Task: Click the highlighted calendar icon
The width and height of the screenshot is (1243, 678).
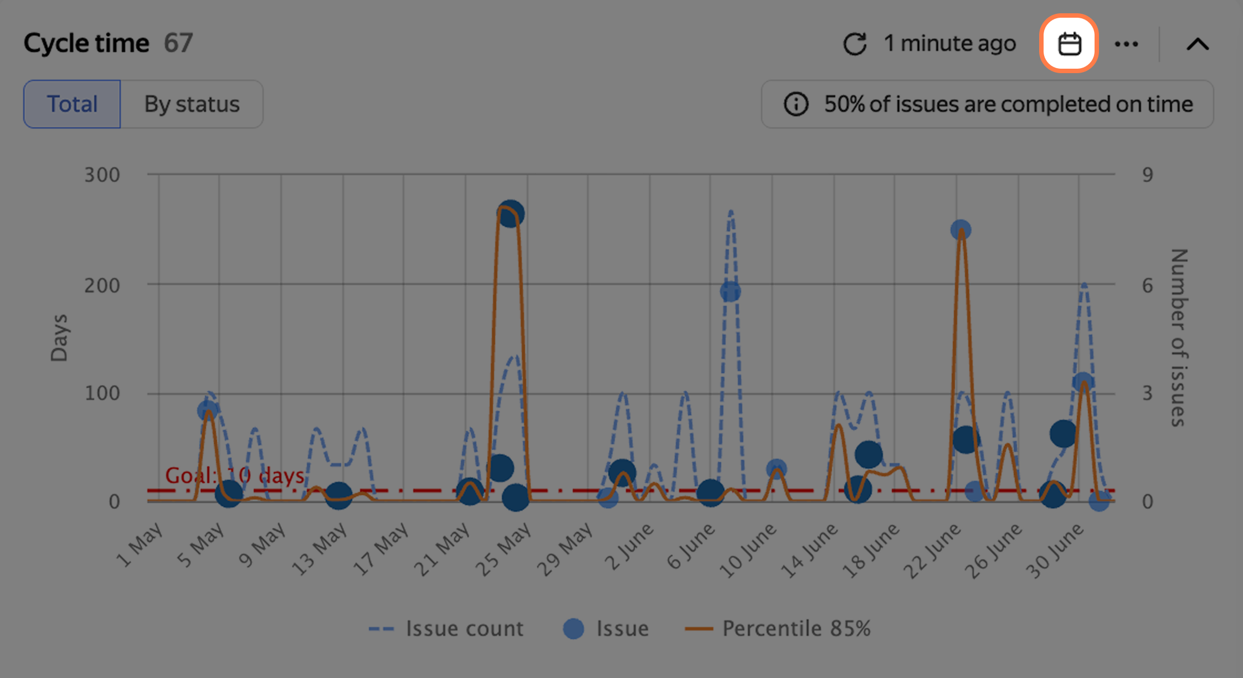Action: (x=1069, y=44)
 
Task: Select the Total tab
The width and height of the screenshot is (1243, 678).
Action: (x=72, y=104)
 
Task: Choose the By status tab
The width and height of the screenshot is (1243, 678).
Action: (x=192, y=104)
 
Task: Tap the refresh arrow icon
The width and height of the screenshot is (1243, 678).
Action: (x=855, y=44)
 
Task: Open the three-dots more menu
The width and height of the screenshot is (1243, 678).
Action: (x=1126, y=44)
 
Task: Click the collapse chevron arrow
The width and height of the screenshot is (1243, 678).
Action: (x=1198, y=44)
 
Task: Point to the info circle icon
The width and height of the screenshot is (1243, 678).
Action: (x=796, y=104)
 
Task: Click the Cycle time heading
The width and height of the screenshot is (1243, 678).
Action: (x=86, y=43)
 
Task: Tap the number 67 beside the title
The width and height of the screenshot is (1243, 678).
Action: (x=178, y=43)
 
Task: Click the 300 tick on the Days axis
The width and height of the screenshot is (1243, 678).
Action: (x=102, y=175)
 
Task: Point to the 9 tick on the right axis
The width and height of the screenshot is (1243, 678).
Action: (x=1147, y=175)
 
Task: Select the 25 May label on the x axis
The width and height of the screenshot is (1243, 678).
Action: (x=503, y=549)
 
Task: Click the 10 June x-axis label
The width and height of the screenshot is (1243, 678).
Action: (x=748, y=551)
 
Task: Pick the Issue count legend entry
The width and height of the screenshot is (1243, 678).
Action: (x=446, y=629)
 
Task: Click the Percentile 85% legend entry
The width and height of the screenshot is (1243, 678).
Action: (x=778, y=629)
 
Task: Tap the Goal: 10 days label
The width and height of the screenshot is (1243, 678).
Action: (x=235, y=475)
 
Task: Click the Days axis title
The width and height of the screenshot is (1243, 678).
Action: (x=59, y=338)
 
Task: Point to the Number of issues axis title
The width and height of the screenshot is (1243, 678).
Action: (x=1179, y=338)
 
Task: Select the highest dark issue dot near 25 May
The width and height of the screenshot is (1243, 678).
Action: (x=510, y=213)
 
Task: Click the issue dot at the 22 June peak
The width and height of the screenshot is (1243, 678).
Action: (x=960, y=229)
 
